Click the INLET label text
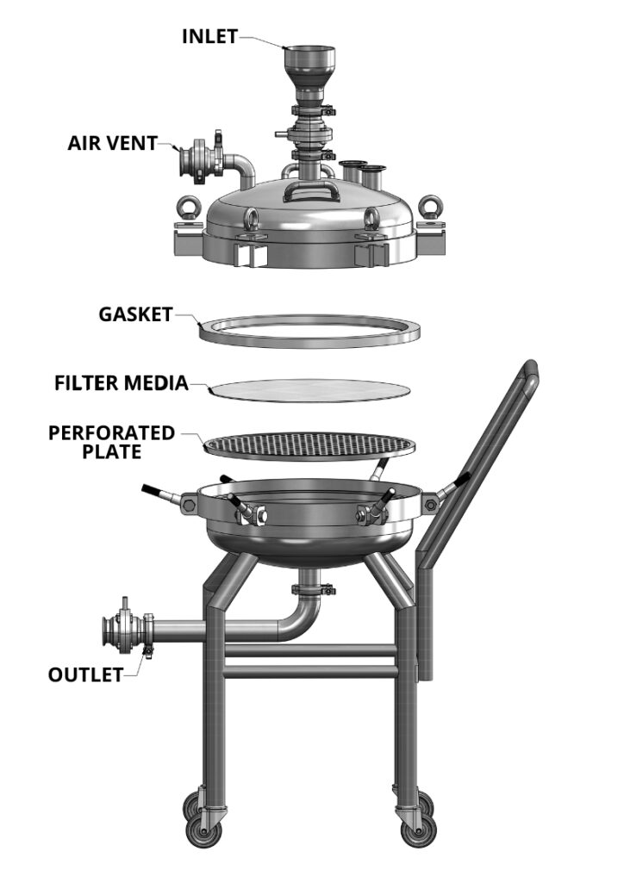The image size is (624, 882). (209, 36)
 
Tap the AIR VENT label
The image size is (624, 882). (112, 142)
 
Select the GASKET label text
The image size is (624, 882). (135, 314)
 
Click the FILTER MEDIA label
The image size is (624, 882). (121, 382)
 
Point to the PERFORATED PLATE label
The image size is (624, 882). (111, 441)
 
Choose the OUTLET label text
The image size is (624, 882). (85, 674)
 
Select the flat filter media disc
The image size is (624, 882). (309, 390)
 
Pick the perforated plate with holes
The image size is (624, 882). (309, 445)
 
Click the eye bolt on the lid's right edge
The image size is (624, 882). (430, 208)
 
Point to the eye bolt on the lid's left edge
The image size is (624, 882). (190, 208)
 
